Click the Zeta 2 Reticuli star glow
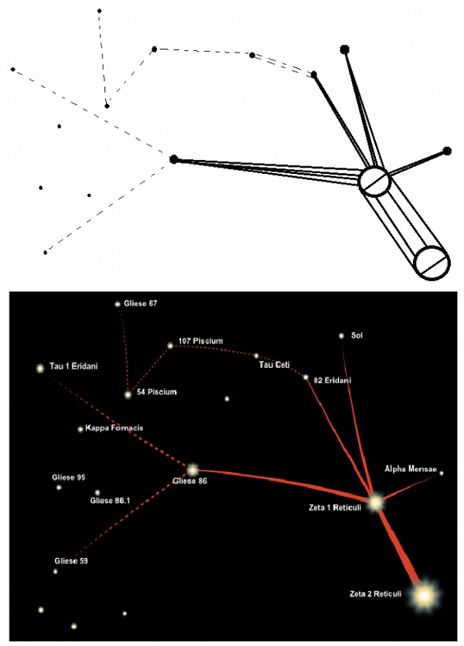pos(424,595)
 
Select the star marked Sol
pos(341,336)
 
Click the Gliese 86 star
pos(192,469)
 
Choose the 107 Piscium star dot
pos(170,346)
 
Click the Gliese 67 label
pos(141,304)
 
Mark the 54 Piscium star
pos(128,394)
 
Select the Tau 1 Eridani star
pos(40,369)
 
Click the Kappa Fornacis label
pos(114,428)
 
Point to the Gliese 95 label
pos(68,478)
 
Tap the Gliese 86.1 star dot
pos(97,492)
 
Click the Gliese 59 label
pos(71,560)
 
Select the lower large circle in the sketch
pos(432,264)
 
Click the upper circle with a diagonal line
pos(376,182)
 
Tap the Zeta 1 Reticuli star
pos(376,502)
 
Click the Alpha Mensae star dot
pos(442,473)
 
